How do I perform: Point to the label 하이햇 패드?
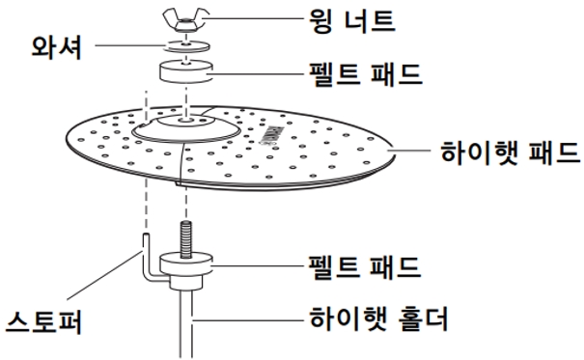pos(509,152)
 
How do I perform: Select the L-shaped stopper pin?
pos(147,261)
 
